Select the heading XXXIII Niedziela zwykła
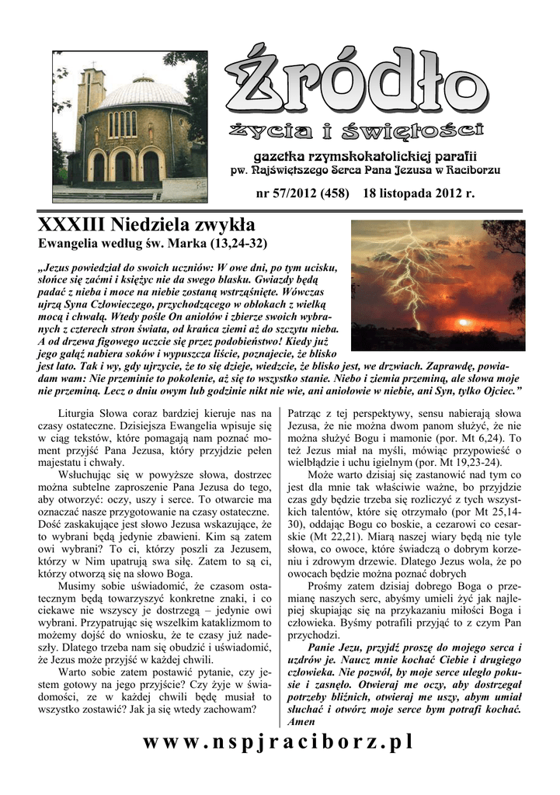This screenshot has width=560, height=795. click(x=146, y=226)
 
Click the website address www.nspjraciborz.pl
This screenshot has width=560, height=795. click(x=279, y=742)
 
